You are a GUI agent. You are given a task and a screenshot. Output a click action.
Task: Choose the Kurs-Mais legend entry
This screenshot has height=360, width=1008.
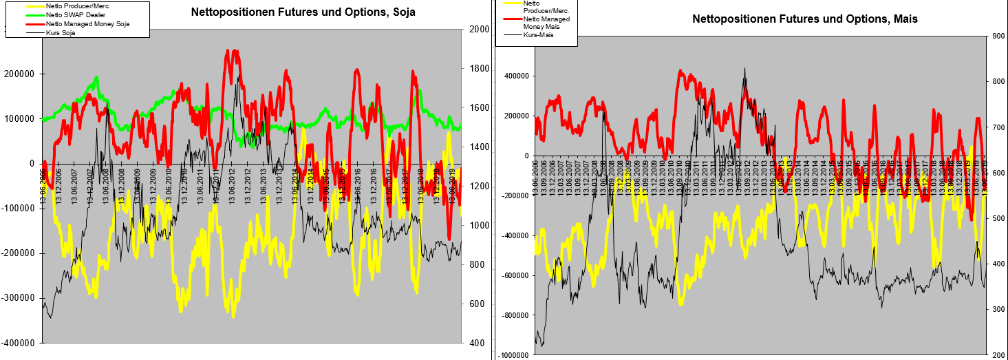(539, 35)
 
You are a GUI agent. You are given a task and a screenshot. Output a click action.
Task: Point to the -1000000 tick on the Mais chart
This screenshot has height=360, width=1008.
(513, 355)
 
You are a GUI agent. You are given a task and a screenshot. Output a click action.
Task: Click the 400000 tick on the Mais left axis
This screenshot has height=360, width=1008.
(517, 76)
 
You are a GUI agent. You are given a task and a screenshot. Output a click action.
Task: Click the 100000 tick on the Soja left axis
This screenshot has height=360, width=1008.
(22, 118)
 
